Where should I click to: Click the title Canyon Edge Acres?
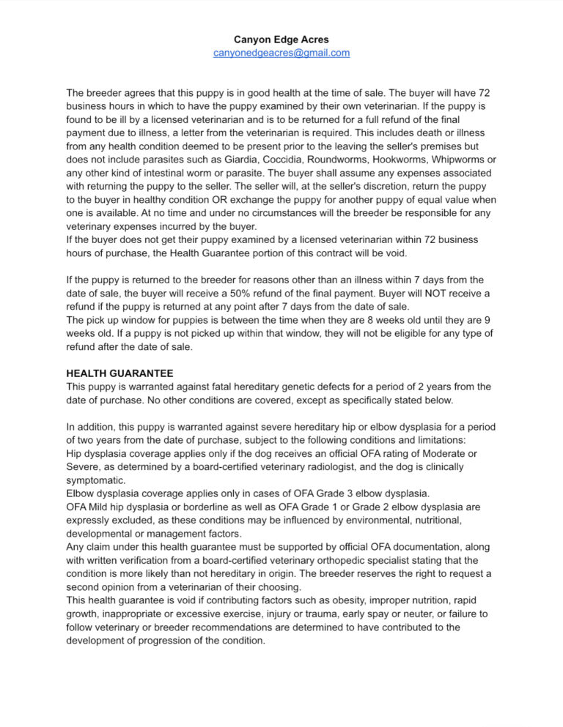(281, 39)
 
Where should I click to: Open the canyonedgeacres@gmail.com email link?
(281, 53)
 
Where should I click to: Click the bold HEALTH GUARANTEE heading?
(119, 373)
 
